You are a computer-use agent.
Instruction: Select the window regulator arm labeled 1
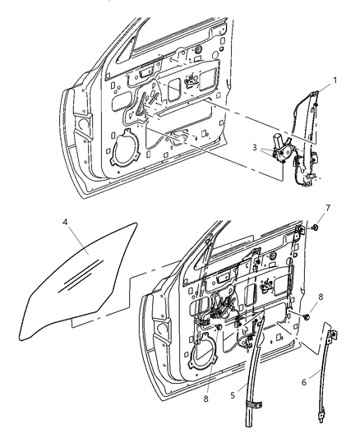(306, 123)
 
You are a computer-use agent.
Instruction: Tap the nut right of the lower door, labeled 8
(307, 316)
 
